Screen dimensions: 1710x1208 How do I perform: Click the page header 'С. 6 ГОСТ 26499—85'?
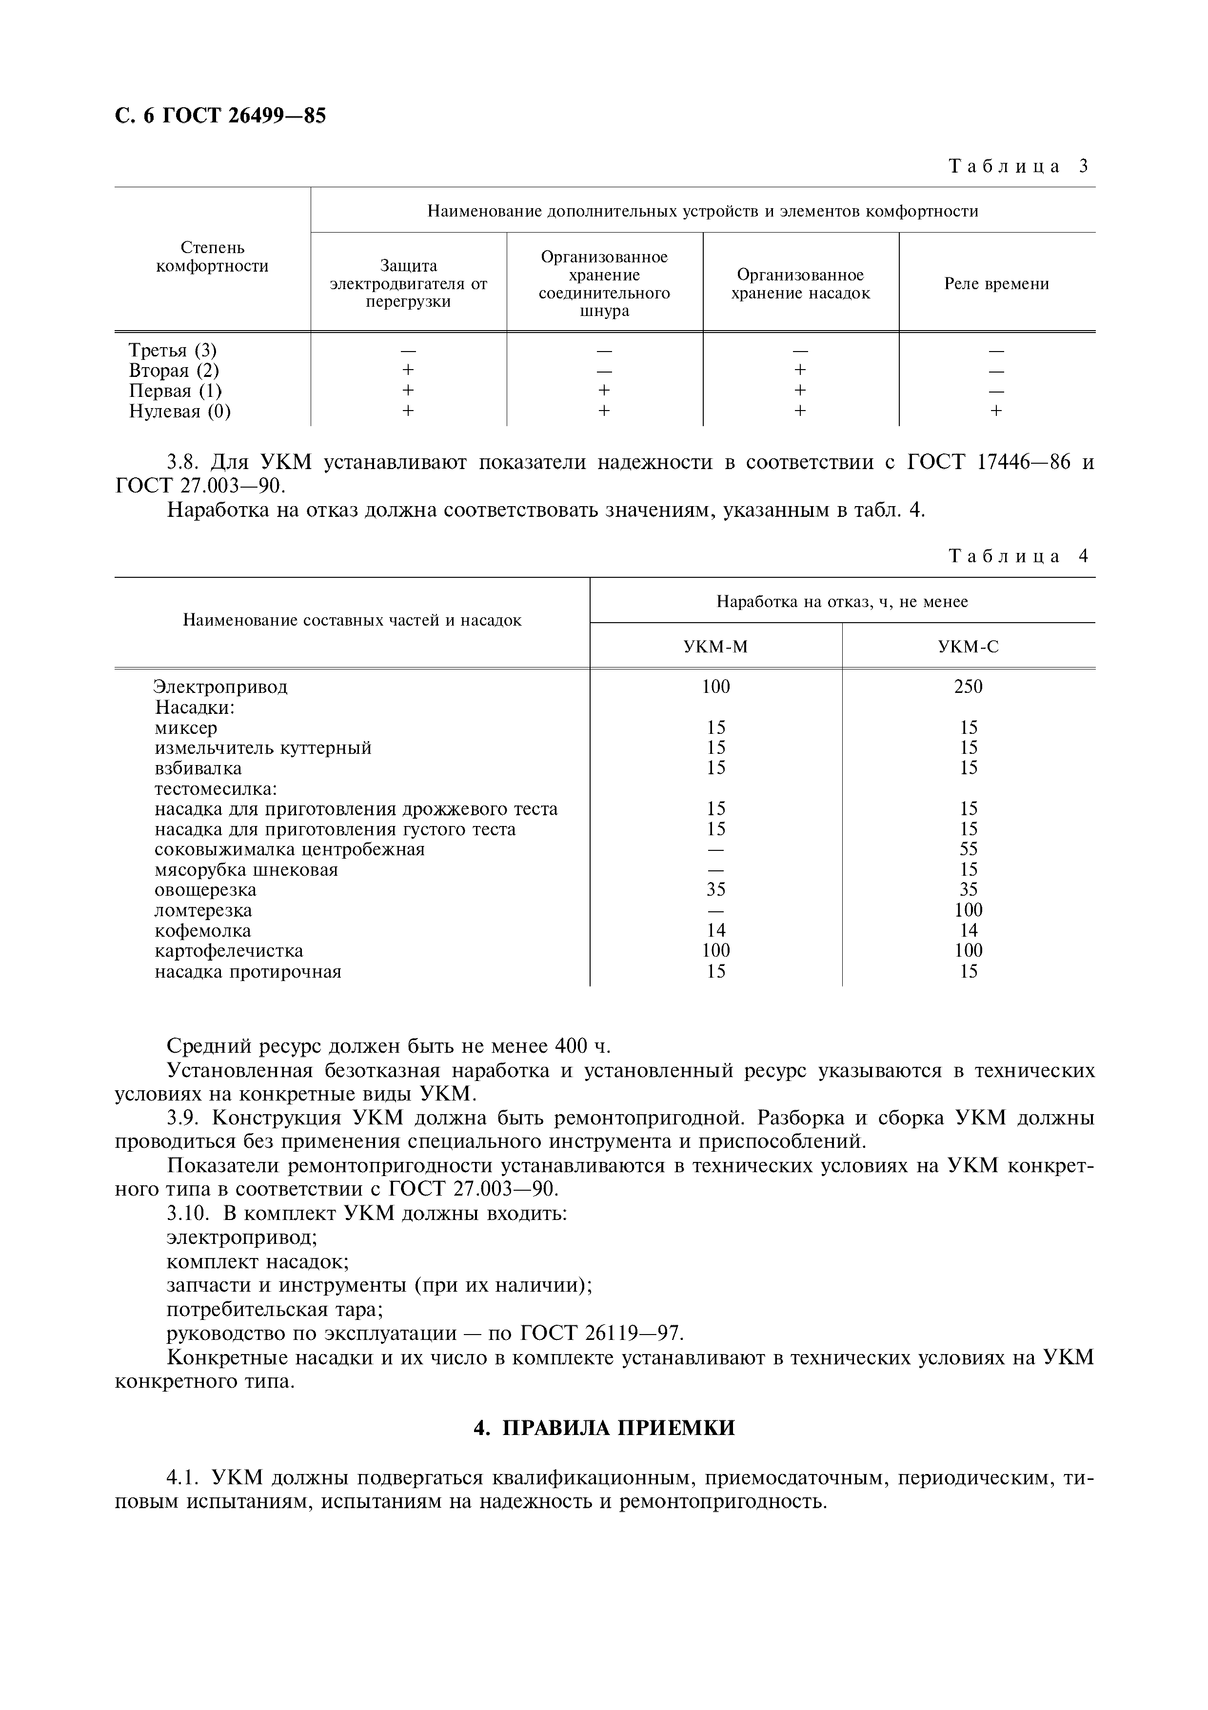pyautogui.click(x=220, y=116)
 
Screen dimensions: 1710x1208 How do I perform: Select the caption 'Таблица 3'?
pyautogui.click(x=1018, y=166)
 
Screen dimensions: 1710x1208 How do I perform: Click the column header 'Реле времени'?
pyautogui.click(x=996, y=284)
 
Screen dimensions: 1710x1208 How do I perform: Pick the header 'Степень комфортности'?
pyautogui.click(x=212, y=257)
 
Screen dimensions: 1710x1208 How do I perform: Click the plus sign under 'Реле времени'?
pyautogui.click(x=996, y=411)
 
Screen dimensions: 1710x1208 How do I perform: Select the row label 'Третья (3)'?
pyautogui.click(x=173, y=350)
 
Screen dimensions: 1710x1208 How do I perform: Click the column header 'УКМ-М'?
pyautogui.click(x=716, y=647)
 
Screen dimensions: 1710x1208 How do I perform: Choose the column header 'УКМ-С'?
pyautogui.click(x=968, y=647)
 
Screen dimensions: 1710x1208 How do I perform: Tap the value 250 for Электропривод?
pyautogui.click(x=968, y=687)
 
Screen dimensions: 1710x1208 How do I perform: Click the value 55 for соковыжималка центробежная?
pyautogui.click(x=968, y=849)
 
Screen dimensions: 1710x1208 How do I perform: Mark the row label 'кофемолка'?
pyautogui.click(x=202, y=931)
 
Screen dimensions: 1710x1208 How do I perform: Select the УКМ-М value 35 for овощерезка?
pyautogui.click(x=716, y=890)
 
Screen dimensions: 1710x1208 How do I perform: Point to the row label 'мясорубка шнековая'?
pyautogui.click(x=246, y=870)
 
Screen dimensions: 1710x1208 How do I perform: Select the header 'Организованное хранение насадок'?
pyautogui.click(x=801, y=284)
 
